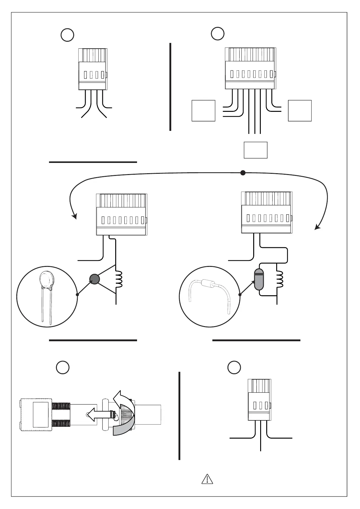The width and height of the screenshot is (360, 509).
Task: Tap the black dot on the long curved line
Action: point(243,173)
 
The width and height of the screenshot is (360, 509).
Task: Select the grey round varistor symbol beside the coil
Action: point(94,279)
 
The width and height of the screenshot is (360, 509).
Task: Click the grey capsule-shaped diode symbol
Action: point(259,280)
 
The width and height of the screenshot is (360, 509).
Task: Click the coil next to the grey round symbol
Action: point(119,279)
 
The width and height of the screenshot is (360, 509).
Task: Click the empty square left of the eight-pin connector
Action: point(204,111)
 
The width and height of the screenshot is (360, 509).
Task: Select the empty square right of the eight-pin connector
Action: point(300,111)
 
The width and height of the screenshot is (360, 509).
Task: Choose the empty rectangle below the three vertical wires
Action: point(256,150)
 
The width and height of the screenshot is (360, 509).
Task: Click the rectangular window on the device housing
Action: point(40,414)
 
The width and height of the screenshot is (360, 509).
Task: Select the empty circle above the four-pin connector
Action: point(67,35)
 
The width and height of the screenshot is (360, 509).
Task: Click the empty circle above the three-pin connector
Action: point(234,367)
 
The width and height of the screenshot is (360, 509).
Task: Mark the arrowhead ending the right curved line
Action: point(317,227)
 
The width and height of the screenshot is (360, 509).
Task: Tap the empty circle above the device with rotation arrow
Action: point(63,367)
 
